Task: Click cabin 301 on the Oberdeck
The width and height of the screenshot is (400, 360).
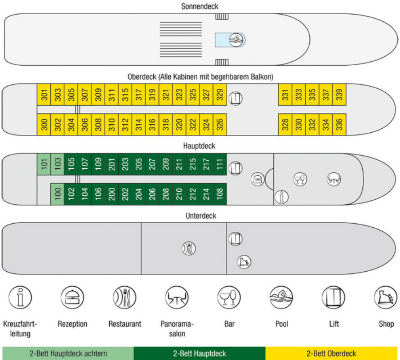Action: pyautogui.click(x=44, y=95)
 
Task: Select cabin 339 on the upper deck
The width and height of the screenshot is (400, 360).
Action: pyautogui.click(x=339, y=95)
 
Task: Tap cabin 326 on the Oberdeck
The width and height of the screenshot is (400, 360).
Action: pyautogui.click(x=220, y=124)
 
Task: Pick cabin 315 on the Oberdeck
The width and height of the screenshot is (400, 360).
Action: pyautogui.click(x=125, y=95)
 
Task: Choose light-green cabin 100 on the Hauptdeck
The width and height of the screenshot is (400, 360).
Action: pyautogui.click(x=57, y=194)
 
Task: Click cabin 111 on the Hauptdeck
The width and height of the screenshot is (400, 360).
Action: pyautogui.click(x=220, y=164)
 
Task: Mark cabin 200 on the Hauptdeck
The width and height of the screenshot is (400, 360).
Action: pyautogui.click(x=112, y=194)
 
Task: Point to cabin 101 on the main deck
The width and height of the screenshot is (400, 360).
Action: pyautogui.click(x=44, y=164)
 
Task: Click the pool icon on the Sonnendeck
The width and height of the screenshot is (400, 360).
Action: pyautogui.click(x=236, y=40)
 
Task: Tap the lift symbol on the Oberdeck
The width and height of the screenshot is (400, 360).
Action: pyautogui.click(x=235, y=99)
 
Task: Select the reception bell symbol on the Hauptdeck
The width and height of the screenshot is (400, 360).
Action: pyautogui.click(x=258, y=179)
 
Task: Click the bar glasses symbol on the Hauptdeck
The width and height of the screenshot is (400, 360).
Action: pyautogui.click(x=300, y=179)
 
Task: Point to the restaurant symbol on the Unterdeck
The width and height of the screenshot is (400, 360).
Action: pyautogui.click(x=189, y=249)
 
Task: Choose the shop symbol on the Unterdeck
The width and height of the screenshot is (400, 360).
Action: pyautogui.click(x=244, y=262)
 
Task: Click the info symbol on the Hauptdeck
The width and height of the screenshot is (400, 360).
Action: pyautogui.click(x=282, y=197)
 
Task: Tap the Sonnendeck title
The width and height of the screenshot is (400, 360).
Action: pyautogui.click(x=200, y=6)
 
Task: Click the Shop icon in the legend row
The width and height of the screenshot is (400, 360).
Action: pyautogui.click(x=386, y=297)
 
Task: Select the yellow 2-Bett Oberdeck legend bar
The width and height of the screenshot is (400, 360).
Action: pyautogui.click(x=332, y=353)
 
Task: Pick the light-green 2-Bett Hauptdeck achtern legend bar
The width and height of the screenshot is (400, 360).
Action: pyautogui.click(x=68, y=353)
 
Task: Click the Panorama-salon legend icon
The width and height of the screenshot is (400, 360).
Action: pyautogui.click(x=177, y=297)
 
